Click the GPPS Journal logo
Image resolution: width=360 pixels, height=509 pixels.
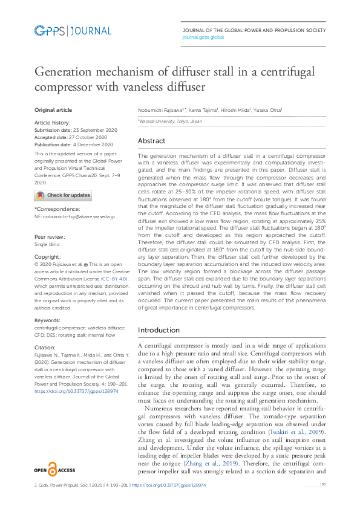[73, 31]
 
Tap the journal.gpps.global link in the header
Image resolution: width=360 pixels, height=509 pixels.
[203, 37]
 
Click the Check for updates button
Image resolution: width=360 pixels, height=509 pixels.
[63, 195]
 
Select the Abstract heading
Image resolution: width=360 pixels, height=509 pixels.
[151, 141]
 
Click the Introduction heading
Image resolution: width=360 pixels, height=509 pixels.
[159, 330]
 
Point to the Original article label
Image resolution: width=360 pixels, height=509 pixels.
[53, 110]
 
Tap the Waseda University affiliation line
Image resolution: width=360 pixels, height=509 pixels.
[166, 121]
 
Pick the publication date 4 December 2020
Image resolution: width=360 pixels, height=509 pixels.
[91, 145]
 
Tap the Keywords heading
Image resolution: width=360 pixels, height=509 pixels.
[46, 319]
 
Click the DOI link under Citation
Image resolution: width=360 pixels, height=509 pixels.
[76, 392]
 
